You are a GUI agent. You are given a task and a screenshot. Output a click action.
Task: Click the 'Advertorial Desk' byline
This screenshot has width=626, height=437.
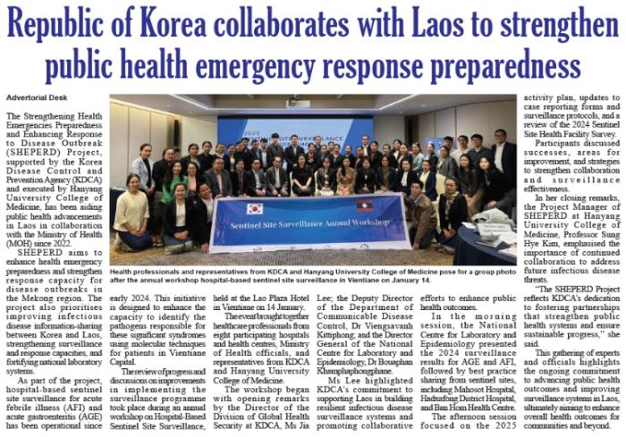(35, 96)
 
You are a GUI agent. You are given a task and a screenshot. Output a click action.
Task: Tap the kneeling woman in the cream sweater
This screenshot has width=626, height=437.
(131, 211)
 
